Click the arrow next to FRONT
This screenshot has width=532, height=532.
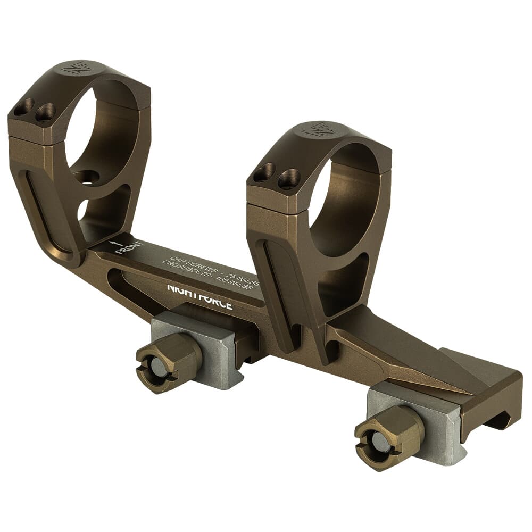pyautogui.click(x=113, y=244)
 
